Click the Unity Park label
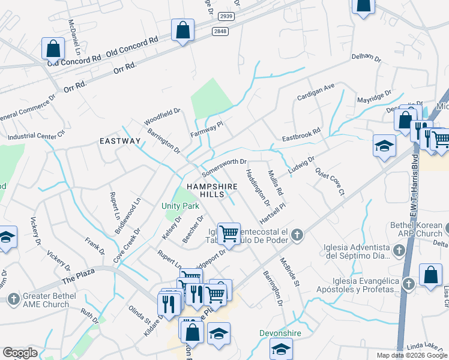[x=180, y=206]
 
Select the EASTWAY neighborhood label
[x=120, y=141]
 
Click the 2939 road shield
[x=226, y=16]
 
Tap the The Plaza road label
[x=78, y=277]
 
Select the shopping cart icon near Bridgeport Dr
[x=229, y=233]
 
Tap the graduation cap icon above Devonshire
[x=281, y=349]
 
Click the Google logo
[x=20, y=353]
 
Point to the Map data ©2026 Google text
[x=412, y=355]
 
